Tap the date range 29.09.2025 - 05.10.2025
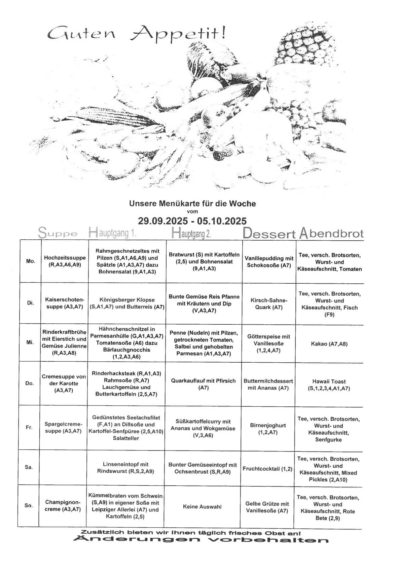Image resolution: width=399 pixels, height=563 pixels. [192, 221]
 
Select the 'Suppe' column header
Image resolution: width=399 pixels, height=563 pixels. [58, 233]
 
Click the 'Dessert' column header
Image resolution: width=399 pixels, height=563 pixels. [269, 234]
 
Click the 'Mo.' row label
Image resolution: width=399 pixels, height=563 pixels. [30, 261]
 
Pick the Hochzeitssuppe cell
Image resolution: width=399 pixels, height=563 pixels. [65, 261]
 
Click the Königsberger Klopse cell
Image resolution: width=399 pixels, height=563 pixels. [127, 303]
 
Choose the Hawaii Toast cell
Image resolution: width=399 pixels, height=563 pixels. [329, 385]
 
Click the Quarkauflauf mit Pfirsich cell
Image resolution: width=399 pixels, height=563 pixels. [203, 384]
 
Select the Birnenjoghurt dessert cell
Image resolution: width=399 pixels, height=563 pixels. [268, 429]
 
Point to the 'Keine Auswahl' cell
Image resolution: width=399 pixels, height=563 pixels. [202, 507]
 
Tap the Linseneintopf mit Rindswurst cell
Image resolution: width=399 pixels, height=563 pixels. [125, 468]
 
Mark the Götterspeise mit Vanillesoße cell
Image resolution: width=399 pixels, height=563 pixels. [268, 343]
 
